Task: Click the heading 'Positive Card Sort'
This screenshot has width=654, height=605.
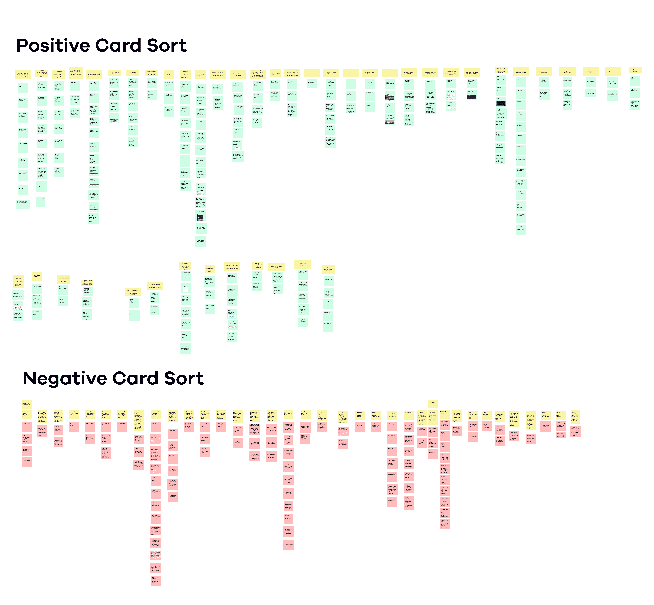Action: click(x=101, y=45)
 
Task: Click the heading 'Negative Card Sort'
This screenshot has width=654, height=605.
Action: click(x=113, y=378)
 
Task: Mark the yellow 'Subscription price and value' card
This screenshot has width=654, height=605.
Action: click(x=277, y=267)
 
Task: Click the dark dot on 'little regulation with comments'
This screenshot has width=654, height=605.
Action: click(x=470, y=418)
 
